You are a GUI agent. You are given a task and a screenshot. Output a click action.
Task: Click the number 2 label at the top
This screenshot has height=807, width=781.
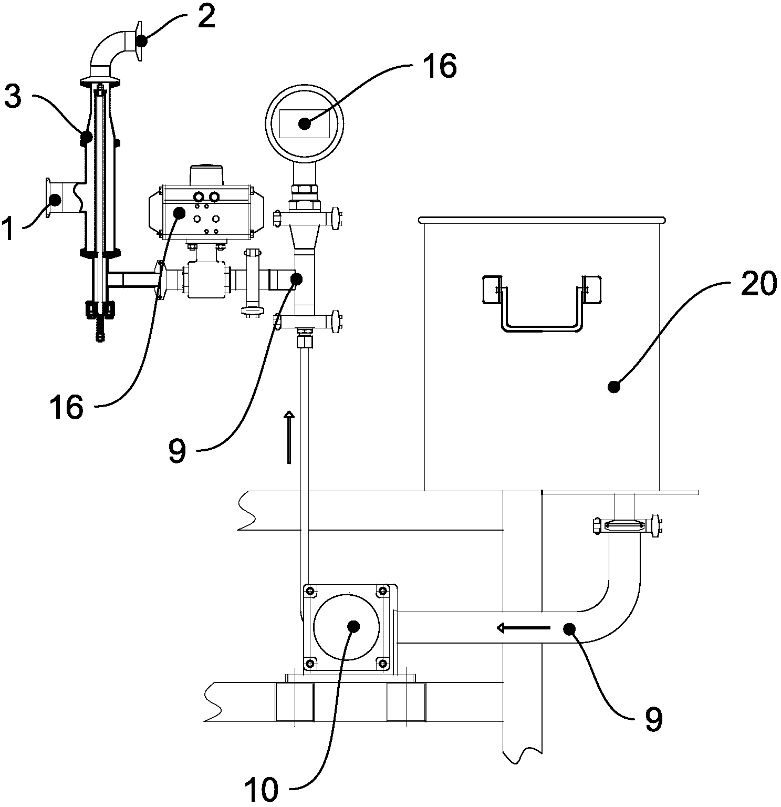[x=206, y=17]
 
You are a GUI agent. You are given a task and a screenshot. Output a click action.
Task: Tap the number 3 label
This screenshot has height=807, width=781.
[x=13, y=97]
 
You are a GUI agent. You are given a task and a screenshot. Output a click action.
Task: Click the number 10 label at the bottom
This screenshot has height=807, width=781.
[x=261, y=789]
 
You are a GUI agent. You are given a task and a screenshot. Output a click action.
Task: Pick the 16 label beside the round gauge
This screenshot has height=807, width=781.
[x=439, y=66]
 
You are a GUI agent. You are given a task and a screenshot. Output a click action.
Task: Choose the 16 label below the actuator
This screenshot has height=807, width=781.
[x=66, y=407]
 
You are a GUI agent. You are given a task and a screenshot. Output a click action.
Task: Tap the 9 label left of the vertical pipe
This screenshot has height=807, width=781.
[x=177, y=451]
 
